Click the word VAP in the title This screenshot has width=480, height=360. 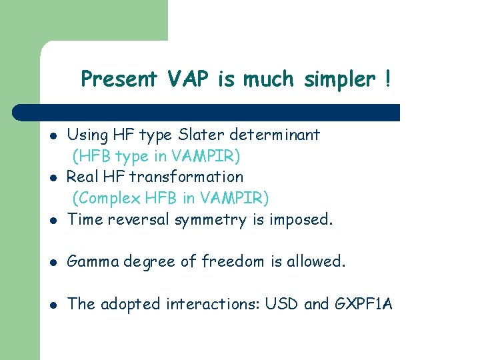pyautogui.click(x=189, y=79)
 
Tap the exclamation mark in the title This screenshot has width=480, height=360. pyautogui.click(x=387, y=79)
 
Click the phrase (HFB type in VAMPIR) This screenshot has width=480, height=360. pyautogui.click(x=156, y=156)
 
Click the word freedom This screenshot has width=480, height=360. pyautogui.click(x=238, y=262)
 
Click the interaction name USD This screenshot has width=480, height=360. pyautogui.click(x=281, y=305)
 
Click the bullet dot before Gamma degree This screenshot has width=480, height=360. pyautogui.click(x=53, y=263)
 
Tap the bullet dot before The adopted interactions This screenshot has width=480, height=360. pyautogui.click(x=53, y=305)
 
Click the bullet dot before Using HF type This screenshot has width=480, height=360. pyautogui.click(x=53, y=135)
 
